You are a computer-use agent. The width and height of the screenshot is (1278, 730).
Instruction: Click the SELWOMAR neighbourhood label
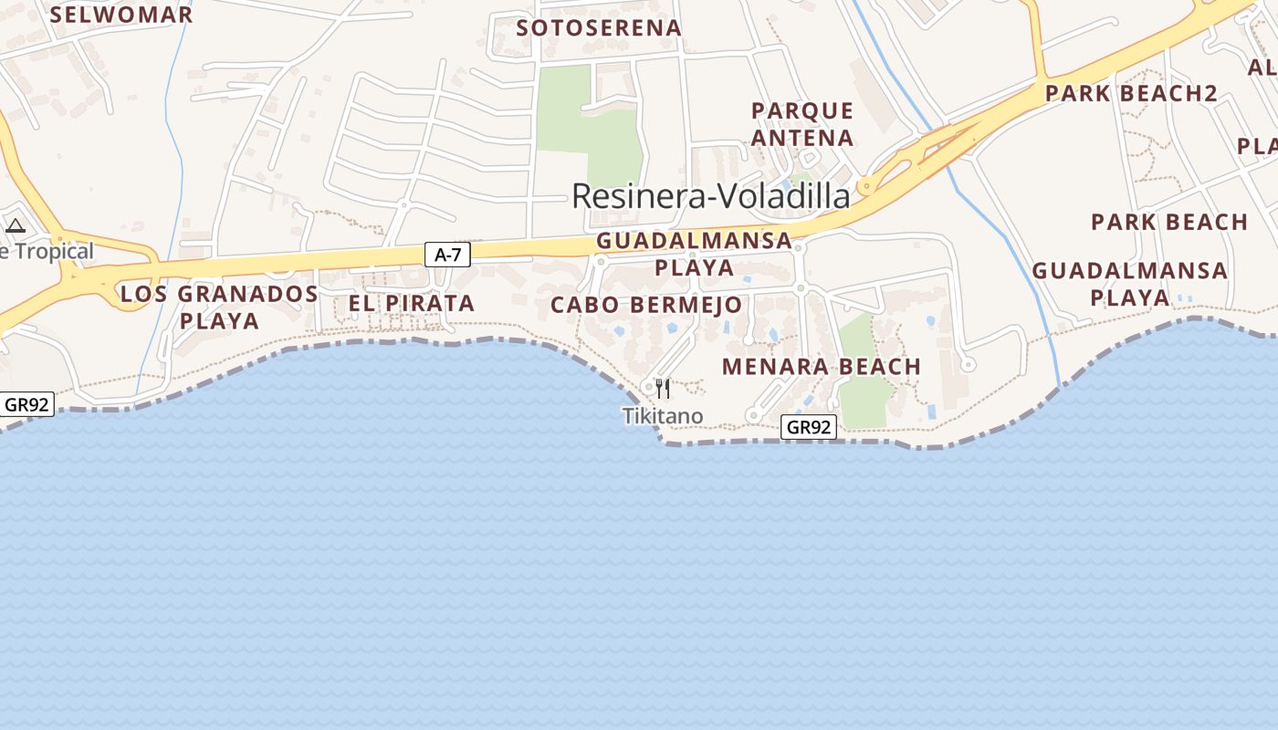pos(121,15)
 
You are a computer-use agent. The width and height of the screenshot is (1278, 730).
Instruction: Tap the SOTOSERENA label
pos(599,28)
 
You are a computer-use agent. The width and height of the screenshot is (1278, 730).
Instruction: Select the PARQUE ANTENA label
pos(802,124)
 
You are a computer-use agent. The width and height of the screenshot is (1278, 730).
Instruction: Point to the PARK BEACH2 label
pos(1131,93)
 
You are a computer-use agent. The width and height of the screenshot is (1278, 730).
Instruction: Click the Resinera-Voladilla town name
pos(710,196)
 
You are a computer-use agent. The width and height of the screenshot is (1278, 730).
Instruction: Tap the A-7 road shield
pos(447,255)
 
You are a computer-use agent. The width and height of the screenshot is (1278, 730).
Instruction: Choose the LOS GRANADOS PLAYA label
pos(219,308)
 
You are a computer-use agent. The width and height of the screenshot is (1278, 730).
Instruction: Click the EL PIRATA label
pos(412,303)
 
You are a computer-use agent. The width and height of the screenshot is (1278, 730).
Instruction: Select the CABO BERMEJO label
pos(646,305)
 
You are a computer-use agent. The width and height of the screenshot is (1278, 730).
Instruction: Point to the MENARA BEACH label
pos(822,367)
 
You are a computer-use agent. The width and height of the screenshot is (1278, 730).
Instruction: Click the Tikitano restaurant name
pos(663,417)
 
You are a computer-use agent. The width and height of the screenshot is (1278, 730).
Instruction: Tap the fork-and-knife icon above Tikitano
pos(663,389)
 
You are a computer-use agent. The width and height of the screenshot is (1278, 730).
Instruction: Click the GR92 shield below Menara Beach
pos(809,427)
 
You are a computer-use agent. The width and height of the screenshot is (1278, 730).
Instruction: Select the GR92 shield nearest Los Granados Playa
pos(26,404)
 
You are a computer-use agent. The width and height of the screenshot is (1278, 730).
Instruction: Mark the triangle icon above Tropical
pos(16,225)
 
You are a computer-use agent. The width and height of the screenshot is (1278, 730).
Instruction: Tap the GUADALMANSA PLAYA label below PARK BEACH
pos(1130,284)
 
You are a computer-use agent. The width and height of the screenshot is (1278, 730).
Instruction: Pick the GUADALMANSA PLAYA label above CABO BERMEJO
pos(694,254)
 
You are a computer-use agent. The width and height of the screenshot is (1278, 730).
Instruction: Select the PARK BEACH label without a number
pos(1169,222)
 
